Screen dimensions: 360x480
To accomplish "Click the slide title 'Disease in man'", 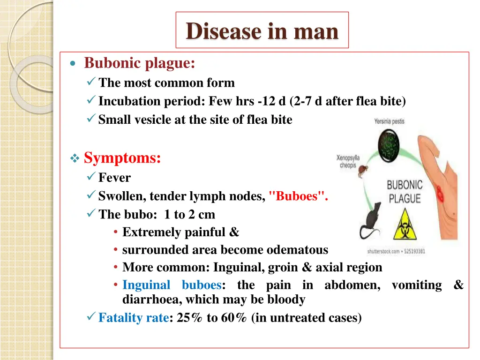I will click(262, 31).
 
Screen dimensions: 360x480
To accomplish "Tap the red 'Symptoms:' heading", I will click(122, 158).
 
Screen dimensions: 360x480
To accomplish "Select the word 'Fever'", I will click(114, 178).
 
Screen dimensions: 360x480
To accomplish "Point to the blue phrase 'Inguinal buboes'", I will click(172, 285).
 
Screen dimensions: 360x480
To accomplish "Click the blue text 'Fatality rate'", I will click(133, 318).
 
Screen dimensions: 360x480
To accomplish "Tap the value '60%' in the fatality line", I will click(234, 318).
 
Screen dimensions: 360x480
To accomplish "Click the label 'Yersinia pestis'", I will click(389, 121).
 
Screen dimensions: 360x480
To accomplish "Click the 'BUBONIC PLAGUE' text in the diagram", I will click(405, 192).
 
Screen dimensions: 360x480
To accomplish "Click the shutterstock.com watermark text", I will click(396, 252).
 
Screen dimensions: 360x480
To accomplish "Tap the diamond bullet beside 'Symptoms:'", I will click(74, 159).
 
